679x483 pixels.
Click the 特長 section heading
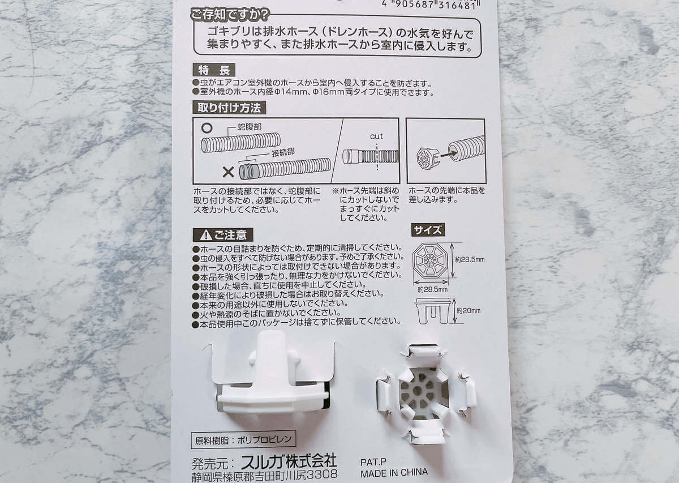214,70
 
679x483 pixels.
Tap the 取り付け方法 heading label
229,108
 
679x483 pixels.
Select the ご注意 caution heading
223,235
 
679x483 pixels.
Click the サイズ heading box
428,230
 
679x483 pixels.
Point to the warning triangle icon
206,235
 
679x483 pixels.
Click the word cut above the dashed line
376,136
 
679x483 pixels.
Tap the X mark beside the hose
228,173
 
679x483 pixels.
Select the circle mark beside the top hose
207,128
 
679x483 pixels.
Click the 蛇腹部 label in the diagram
249,126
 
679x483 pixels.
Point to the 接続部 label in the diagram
283,152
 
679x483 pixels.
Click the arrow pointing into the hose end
449,154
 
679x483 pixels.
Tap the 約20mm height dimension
469,311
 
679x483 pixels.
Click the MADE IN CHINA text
394,473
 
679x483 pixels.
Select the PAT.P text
373,461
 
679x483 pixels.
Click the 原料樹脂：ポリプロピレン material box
243,440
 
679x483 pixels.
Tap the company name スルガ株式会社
289,461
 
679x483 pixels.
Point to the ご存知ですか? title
230,14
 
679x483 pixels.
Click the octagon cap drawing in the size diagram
430,260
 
